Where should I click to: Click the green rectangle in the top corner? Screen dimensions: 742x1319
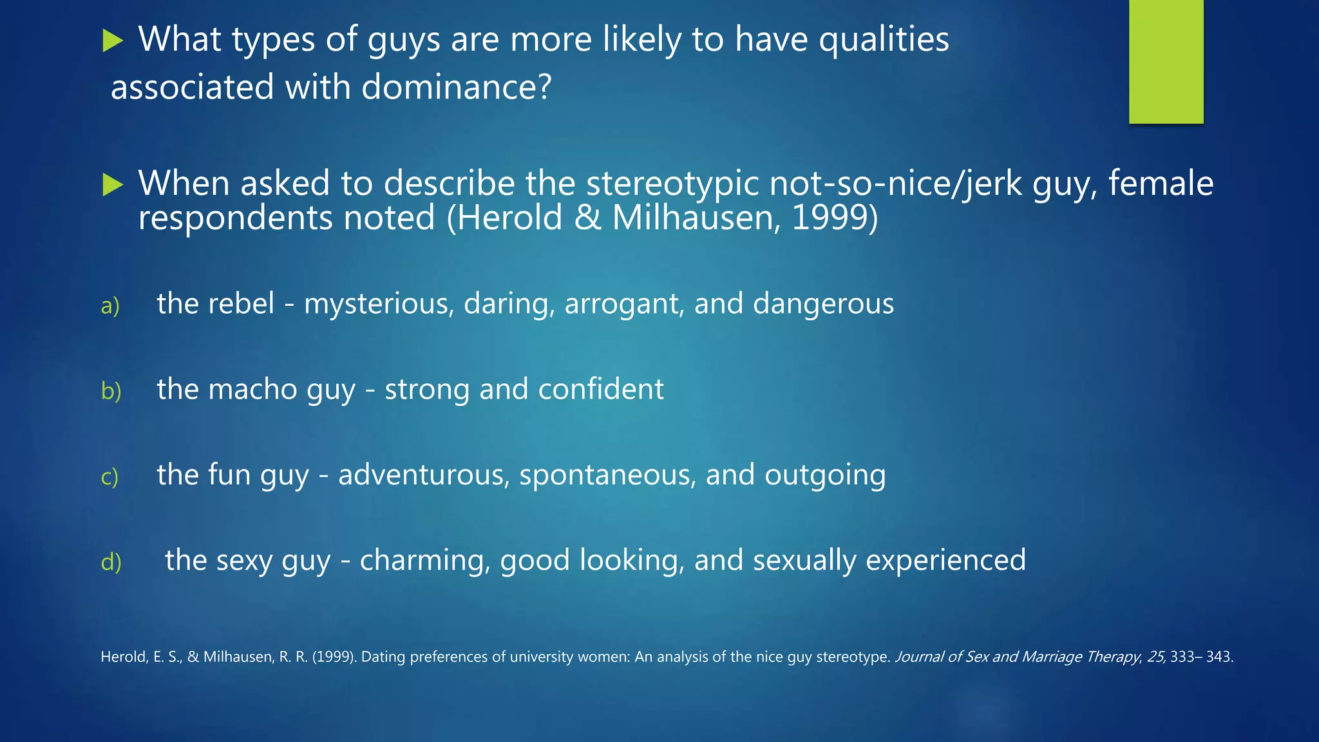coord(1166,61)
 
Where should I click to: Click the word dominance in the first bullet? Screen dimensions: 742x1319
coord(456,87)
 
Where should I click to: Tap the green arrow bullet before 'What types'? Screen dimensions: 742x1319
coord(113,42)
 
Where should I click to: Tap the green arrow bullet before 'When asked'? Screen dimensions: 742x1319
coord(113,185)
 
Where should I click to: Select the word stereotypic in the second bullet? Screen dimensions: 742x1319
coord(672,184)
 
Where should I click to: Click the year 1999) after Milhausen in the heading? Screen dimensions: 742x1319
coord(834,218)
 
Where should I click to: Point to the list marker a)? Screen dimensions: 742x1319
coord(110,305)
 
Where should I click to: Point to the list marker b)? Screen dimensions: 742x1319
coord(111,391)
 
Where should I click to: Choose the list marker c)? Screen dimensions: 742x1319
coord(109,477)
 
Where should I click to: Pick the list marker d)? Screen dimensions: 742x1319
coord(111,562)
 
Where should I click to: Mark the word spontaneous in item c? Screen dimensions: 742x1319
coord(607,475)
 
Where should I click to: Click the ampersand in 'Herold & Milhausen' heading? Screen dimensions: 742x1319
coord(587,218)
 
